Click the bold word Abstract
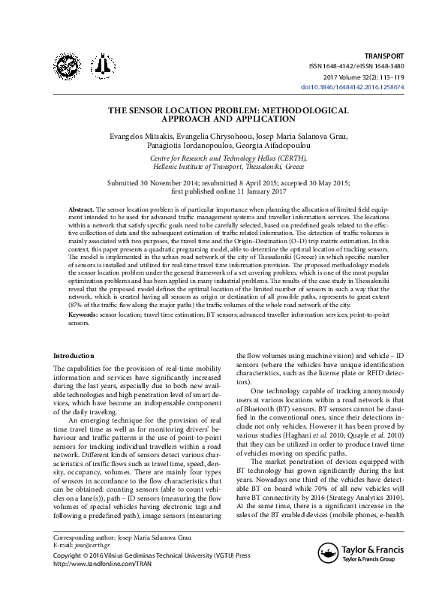[x=80, y=206]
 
